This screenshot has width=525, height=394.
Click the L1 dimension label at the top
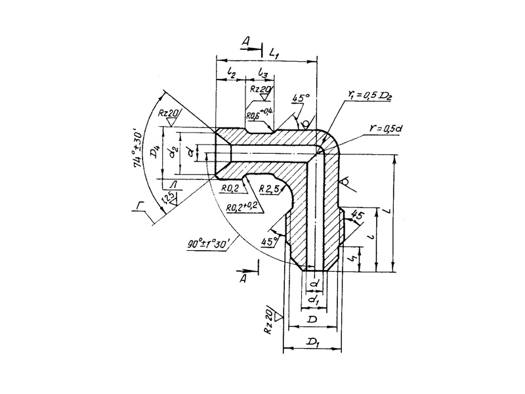coord(274,52)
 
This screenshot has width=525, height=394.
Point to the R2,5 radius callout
coord(269,189)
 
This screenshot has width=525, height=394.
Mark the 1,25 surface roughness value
coord(170,196)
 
